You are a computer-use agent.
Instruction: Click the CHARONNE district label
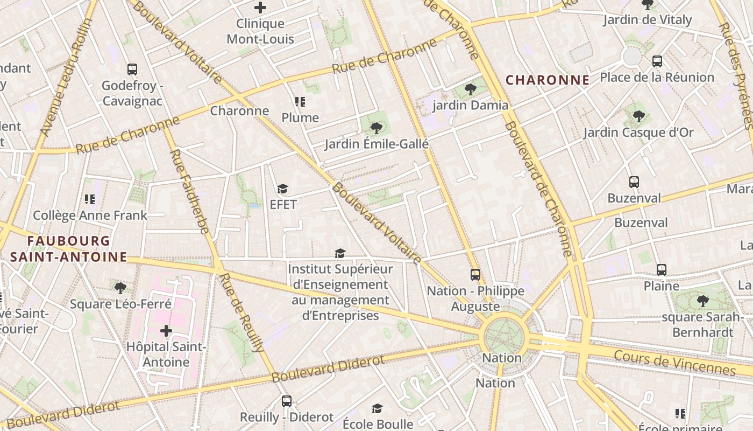548,80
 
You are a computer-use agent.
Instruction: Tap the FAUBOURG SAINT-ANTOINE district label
68,249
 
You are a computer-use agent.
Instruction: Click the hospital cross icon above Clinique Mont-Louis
260,8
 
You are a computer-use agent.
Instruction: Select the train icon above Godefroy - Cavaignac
132,69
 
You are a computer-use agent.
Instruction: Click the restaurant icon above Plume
300,101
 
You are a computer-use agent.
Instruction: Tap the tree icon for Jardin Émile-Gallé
376,128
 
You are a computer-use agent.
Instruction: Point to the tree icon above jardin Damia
471,89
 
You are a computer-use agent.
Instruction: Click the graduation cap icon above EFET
282,189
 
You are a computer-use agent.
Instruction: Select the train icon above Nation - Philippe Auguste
475,275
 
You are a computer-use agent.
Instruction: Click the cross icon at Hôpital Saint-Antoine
166,330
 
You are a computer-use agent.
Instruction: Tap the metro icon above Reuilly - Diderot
287,401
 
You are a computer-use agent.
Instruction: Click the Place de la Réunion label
657,77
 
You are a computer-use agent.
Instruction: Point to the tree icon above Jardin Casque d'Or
638,116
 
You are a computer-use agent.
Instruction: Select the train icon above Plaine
661,269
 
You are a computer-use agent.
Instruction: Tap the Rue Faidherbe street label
189,191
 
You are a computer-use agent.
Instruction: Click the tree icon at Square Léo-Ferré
120,288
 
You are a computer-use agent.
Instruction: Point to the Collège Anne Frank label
90,215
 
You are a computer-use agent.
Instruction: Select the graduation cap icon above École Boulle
377,408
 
